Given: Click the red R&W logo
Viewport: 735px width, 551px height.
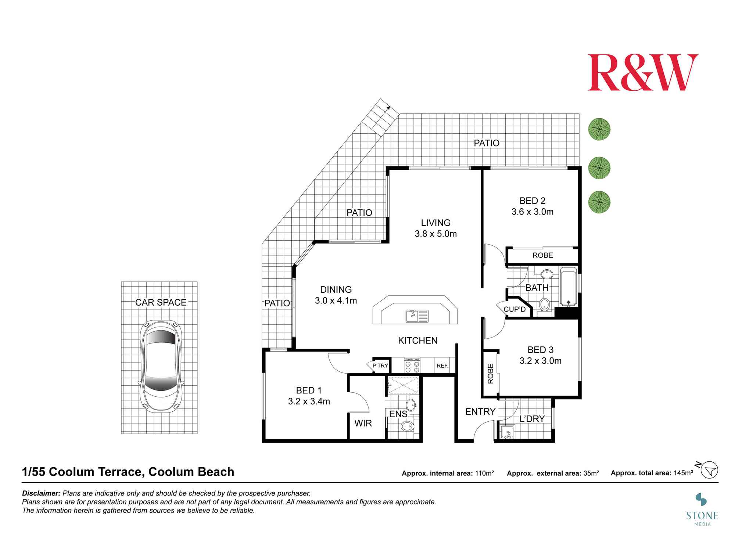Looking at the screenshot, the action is coord(643,72).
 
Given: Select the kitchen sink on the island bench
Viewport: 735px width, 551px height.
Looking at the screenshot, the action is coord(417,316).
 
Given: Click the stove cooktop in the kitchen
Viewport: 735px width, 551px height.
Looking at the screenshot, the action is coord(412,365).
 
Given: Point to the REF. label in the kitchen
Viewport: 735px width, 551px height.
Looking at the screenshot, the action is coord(442,366).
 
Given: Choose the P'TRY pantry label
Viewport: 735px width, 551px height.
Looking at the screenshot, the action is coord(380,365).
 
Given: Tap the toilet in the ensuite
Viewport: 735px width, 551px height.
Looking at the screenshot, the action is coord(407,426).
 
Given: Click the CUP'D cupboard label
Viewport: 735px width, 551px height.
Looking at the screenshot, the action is coord(514,309).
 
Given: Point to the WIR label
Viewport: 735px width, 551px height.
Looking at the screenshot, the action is coord(363,423).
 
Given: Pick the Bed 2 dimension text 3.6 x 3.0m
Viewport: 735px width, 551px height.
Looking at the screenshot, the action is coord(533,212).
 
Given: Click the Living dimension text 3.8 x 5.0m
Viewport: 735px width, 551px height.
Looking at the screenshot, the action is coord(436,234).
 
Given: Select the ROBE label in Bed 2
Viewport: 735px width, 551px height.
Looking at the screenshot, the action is coord(543,255).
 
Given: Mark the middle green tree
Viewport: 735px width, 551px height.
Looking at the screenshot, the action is coord(599,168).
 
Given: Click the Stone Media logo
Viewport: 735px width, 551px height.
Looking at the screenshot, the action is coord(702,509).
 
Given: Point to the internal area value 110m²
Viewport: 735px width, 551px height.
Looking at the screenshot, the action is coord(484,473).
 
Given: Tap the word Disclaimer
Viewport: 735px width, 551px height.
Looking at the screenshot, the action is coord(41,493).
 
